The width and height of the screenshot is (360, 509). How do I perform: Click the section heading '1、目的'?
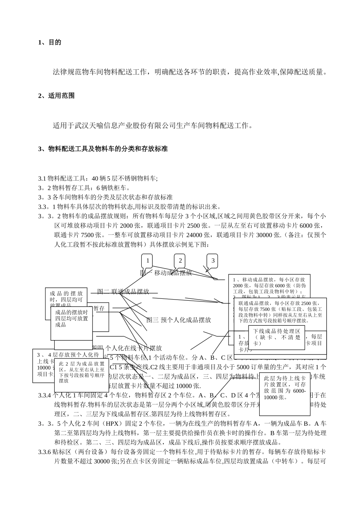pos(50,42)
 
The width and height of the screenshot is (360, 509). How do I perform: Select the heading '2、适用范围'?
pos(56,96)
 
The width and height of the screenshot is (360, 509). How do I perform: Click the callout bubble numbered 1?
pos(147,261)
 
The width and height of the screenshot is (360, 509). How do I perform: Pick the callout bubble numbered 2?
pos(180,260)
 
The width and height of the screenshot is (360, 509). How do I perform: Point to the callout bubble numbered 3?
pos(213,261)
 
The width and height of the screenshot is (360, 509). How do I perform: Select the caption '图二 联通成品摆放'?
pos(123,292)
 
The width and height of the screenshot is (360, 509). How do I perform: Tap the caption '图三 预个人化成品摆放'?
pos(178,320)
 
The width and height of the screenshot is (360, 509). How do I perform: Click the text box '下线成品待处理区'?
pos(276,337)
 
